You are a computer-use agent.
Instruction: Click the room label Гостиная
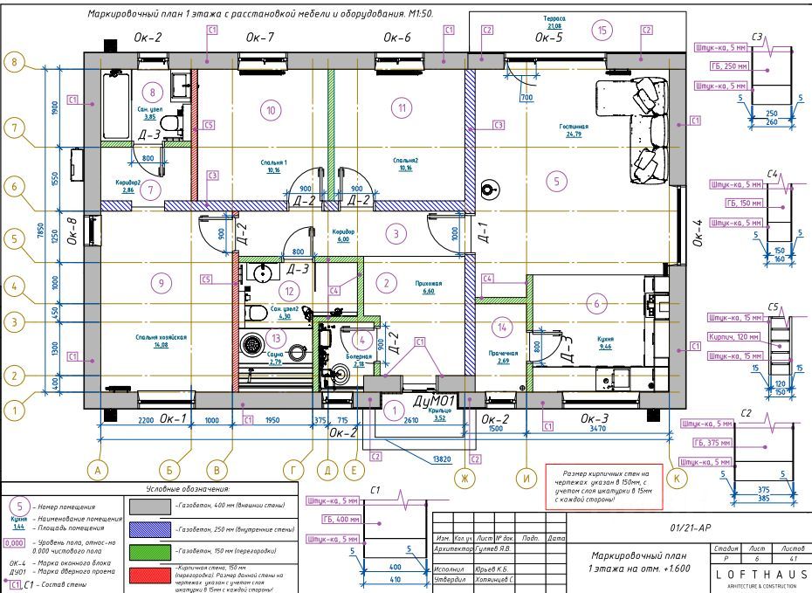coord(574,126)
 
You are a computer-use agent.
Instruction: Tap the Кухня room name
coord(605,340)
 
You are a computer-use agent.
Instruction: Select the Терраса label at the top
coord(554,18)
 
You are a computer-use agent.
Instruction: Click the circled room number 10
coord(271,110)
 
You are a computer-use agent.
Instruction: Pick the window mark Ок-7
coord(259,38)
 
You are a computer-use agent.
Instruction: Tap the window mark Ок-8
coord(72,233)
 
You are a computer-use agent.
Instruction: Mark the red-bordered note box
coord(603,485)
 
